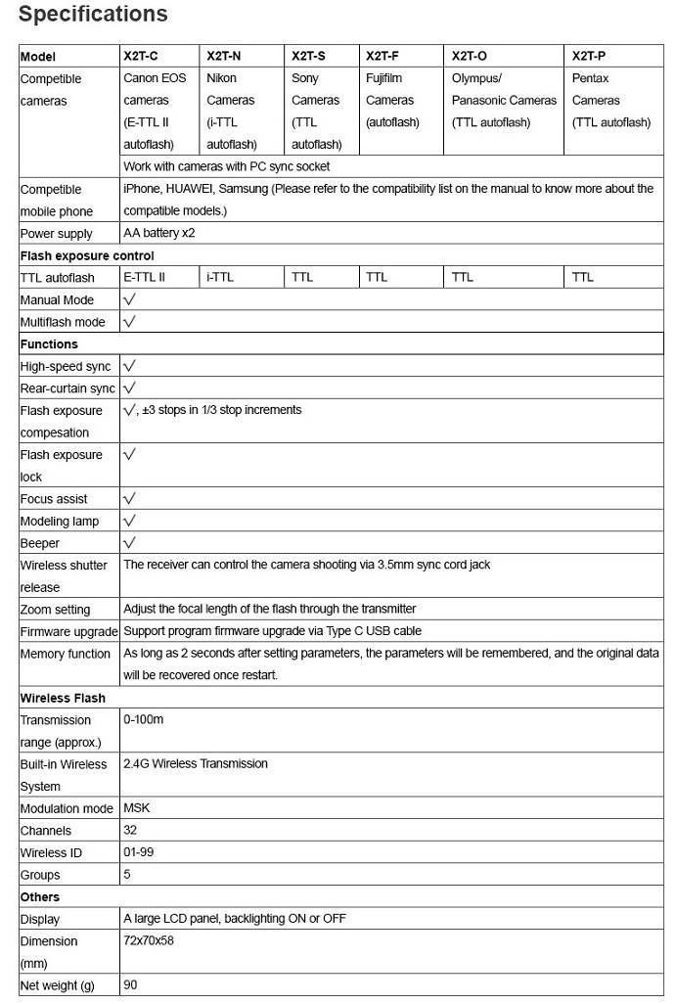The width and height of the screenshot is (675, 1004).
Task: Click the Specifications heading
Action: click(x=93, y=15)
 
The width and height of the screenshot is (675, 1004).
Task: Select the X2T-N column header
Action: click(x=224, y=56)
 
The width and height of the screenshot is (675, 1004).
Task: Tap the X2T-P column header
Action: click(x=589, y=56)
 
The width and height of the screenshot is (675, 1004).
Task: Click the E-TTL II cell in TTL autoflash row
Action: click(x=144, y=277)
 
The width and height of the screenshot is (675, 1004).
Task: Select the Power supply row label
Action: click(x=57, y=233)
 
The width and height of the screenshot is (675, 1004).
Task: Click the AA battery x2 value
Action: click(x=158, y=233)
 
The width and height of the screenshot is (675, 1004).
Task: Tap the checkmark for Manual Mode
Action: click(x=129, y=298)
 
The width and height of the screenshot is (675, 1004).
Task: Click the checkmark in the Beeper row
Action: click(x=129, y=542)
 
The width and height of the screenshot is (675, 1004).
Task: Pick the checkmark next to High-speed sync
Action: click(x=129, y=365)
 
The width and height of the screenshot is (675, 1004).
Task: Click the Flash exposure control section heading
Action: click(x=87, y=255)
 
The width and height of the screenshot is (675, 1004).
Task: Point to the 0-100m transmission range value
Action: click(x=143, y=719)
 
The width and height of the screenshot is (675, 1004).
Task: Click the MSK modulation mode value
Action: click(x=136, y=808)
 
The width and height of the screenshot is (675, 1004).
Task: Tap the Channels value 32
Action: click(x=130, y=830)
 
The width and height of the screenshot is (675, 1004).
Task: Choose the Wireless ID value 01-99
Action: click(x=138, y=852)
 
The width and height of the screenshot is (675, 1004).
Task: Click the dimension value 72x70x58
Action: click(x=148, y=940)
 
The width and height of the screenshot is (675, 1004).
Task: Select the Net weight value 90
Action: click(x=130, y=984)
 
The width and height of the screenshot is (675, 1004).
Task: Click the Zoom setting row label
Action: click(x=55, y=609)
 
